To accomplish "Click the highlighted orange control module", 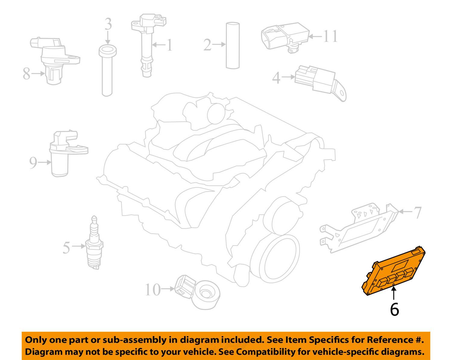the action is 394,272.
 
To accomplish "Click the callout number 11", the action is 330,36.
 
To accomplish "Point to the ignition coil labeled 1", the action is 148,45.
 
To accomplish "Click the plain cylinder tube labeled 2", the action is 233,45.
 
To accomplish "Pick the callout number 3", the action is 108,24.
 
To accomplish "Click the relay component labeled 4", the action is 320,83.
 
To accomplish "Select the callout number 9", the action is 33,163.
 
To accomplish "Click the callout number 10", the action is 153,290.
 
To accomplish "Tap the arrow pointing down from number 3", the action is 108,38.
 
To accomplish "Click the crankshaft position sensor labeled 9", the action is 68,153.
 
